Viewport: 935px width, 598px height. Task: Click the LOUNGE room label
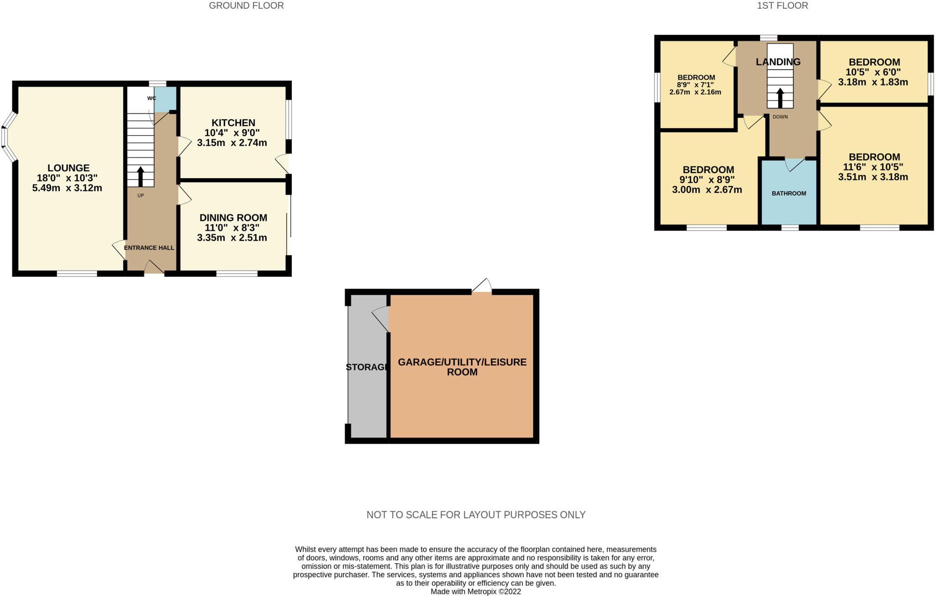(68, 168)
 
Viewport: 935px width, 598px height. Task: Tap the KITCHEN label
(233, 123)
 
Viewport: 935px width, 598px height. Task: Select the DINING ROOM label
(233, 218)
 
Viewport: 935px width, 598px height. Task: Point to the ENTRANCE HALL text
(149, 248)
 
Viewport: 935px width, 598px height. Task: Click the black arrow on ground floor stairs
(140, 176)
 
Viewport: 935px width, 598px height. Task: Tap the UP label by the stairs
(141, 196)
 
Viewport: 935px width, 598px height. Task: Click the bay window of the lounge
(6, 137)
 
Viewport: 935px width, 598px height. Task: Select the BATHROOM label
(789, 194)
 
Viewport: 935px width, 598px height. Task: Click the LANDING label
(778, 62)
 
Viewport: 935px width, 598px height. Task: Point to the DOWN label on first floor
(780, 117)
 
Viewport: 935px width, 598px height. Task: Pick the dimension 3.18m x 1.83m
(873, 83)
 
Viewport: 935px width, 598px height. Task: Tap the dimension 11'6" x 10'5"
(873, 167)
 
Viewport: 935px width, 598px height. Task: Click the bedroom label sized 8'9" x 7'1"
(696, 78)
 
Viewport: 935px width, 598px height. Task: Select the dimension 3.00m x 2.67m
(707, 190)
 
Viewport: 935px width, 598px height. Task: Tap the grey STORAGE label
(367, 367)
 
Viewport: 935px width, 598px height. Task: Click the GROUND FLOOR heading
(246, 6)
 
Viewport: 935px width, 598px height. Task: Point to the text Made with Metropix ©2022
(476, 592)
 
